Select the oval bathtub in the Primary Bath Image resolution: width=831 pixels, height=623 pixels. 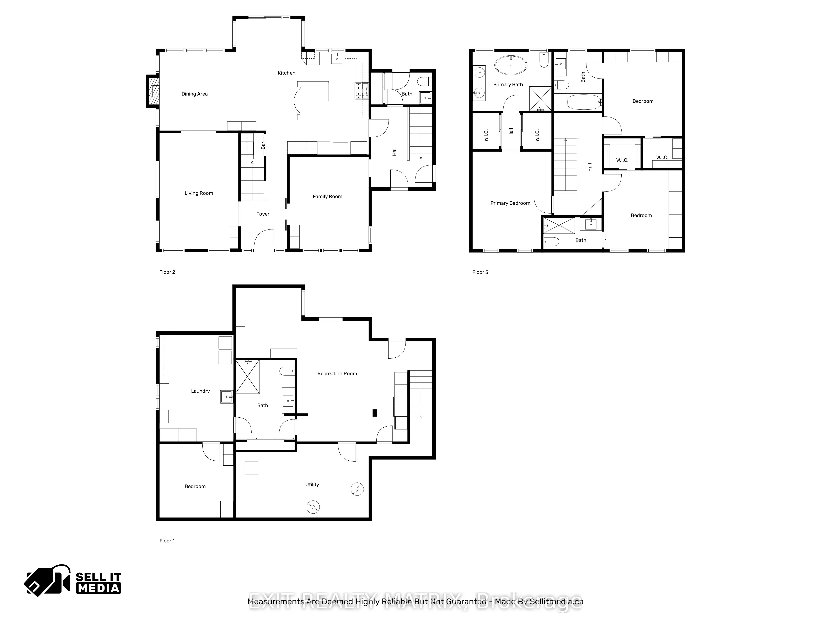coord(511,65)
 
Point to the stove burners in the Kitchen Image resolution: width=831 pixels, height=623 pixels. coord(361,91)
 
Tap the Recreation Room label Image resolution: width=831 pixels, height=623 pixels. coord(337,374)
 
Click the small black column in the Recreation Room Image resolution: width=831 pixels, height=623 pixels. coord(375,413)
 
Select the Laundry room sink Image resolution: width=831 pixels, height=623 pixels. coord(226,397)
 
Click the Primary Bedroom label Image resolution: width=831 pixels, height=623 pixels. coord(510,203)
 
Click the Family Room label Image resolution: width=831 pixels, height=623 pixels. coord(327,196)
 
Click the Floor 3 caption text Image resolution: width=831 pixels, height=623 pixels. coord(480,272)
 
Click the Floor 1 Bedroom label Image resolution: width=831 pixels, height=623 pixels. coord(195,486)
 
